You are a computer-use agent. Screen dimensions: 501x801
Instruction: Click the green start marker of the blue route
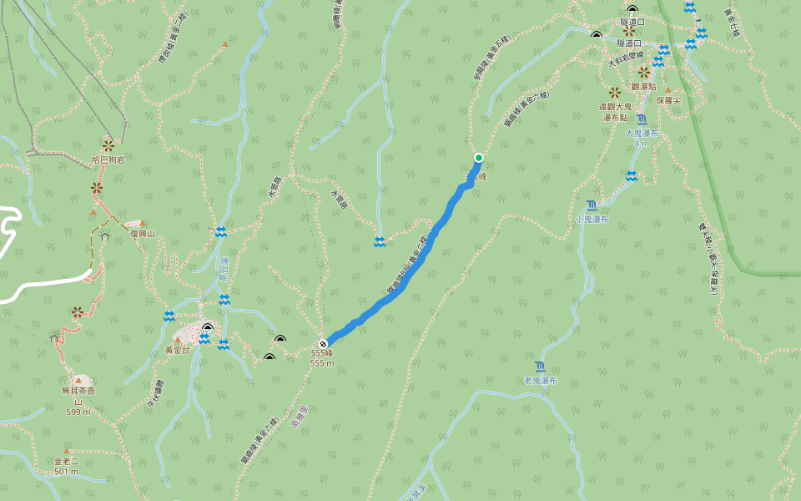click(x=479, y=157)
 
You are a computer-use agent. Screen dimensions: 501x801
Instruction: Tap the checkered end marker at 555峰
click(x=322, y=343)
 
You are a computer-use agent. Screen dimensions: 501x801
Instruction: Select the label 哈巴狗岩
click(x=108, y=159)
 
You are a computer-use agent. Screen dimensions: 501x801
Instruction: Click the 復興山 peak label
click(x=143, y=234)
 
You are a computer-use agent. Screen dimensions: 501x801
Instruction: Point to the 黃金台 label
click(x=177, y=351)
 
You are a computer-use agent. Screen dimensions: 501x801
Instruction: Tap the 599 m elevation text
click(x=78, y=412)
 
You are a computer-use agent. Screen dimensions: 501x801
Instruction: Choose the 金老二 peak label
click(x=67, y=461)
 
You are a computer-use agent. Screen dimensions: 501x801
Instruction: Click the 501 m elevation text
click(x=67, y=471)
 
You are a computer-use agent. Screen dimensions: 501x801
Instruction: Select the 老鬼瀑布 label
click(x=541, y=380)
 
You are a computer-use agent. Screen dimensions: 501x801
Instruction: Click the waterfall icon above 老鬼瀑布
click(x=541, y=367)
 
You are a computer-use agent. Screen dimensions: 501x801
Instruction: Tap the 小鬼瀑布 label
click(x=592, y=219)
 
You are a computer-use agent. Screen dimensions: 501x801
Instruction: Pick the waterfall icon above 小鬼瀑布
click(x=592, y=205)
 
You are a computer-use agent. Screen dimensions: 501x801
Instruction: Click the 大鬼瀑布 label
click(x=642, y=133)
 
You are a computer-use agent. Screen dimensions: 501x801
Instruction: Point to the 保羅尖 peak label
click(x=669, y=100)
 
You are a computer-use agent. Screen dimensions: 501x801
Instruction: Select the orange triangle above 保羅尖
click(x=667, y=90)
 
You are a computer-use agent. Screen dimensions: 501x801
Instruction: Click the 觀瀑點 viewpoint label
click(x=644, y=86)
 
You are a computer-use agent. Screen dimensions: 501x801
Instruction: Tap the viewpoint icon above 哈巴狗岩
click(x=108, y=145)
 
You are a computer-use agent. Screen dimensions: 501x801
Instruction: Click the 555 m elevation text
click(x=322, y=363)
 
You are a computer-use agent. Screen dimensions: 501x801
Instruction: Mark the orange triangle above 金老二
click(x=67, y=451)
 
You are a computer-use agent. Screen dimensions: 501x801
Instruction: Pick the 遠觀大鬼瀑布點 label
click(x=616, y=112)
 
